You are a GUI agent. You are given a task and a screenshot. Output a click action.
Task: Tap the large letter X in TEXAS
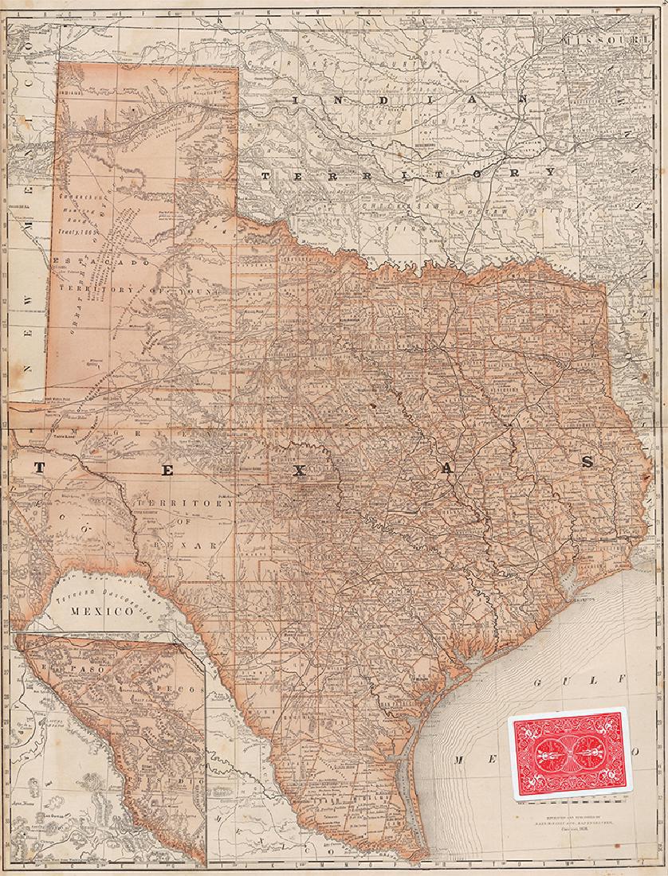click(x=298, y=471)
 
